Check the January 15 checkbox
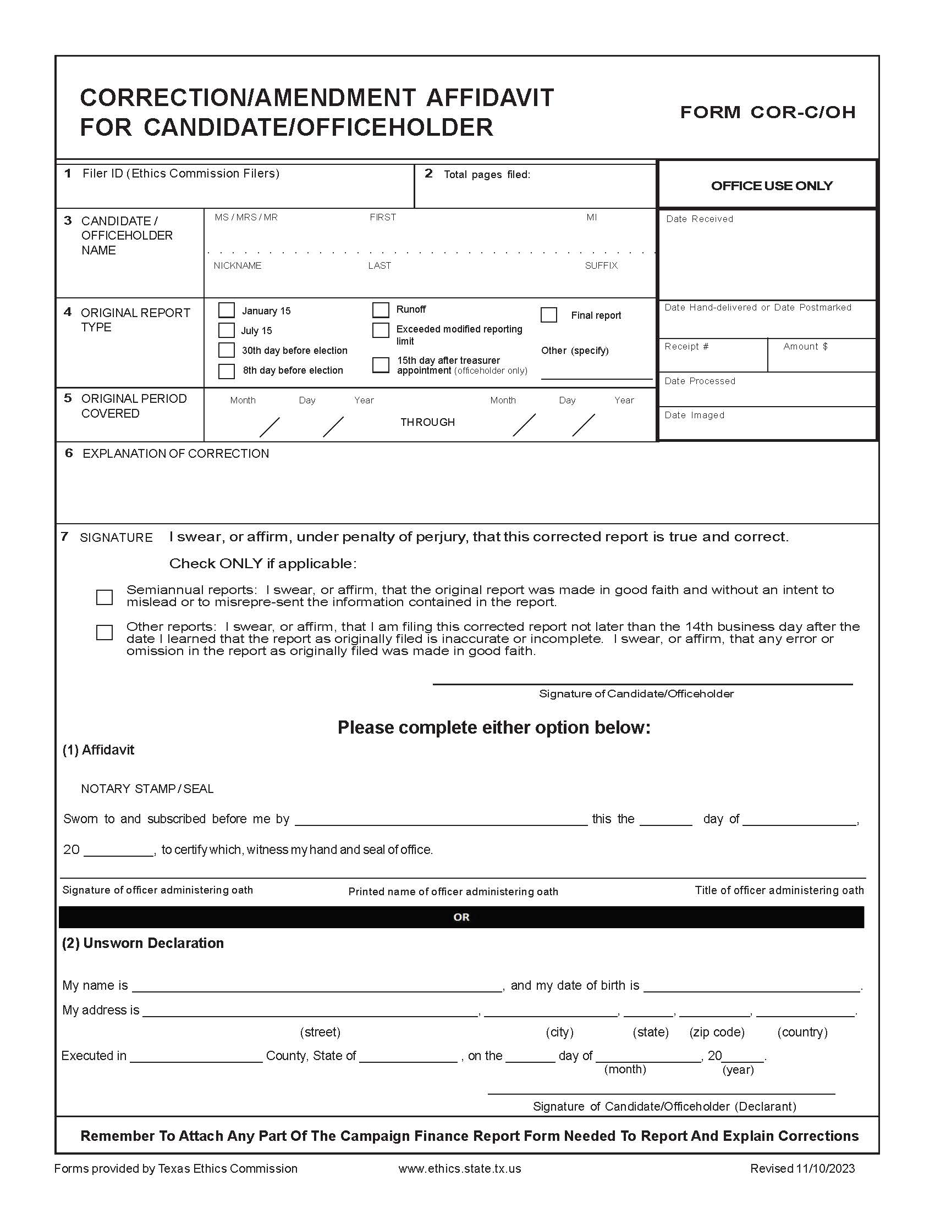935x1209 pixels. (226, 310)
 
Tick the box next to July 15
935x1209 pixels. (226, 330)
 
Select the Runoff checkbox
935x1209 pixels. (381, 309)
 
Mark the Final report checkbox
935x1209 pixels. (548, 315)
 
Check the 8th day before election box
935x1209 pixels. (226, 370)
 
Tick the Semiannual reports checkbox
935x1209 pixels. (104, 597)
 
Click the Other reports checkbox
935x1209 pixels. (104, 632)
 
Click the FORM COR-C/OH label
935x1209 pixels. (767, 112)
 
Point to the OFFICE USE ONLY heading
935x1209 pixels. (771, 186)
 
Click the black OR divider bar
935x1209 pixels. (461, 917)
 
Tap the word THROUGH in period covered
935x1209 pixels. (427, 423)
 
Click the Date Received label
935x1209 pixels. (699, 219)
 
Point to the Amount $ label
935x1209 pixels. (805, 347)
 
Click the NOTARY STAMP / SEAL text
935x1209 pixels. (147, 789)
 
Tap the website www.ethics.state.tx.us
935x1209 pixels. (459, 1168)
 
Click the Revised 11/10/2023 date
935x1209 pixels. (802, 1168)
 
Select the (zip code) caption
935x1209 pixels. (716, 1032)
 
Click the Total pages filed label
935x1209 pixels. (486, 175)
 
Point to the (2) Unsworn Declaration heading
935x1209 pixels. (142, 943)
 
